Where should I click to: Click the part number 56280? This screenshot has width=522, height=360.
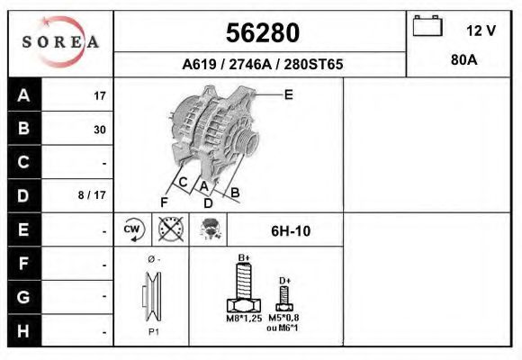click(x=261, y=33)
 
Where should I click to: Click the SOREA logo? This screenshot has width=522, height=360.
click(x=59, y=42)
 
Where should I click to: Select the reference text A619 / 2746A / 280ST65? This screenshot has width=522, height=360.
click(x=262, y=65)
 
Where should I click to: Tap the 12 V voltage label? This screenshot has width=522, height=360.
click(x=481, y=31)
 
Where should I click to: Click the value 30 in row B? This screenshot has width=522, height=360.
click(x=99, y=130)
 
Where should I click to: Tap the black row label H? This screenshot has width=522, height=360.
click(x=24, y=329)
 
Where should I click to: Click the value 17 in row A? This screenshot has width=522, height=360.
click(x=99, y=96)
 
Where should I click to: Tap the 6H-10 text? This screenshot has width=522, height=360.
click(x=290, y=231)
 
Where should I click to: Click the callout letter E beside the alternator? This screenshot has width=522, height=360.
click(x=288, y=94)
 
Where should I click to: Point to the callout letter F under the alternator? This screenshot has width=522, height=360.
click(x=164, y=201)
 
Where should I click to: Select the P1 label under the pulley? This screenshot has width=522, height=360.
click(x=152, y=331)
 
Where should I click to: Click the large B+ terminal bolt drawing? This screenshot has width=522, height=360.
click(x=243, y=288)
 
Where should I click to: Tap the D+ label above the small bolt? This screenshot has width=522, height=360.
click(x=284, y=281)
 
